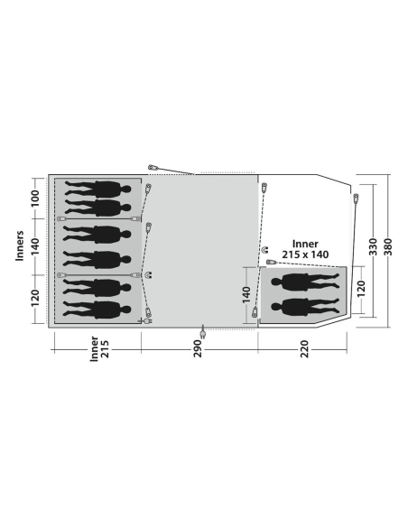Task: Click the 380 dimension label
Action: point(388,246)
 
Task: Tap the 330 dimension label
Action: point(373,246)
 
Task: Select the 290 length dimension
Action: point(198,349)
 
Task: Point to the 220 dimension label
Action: point(304,349)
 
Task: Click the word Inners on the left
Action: point(20,245)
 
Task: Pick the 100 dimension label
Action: point(35,199)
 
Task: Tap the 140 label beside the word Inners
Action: point(35,246)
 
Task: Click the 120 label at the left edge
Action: point(35,298)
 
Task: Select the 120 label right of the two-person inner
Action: point(360,289)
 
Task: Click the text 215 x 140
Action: point(305,254)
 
